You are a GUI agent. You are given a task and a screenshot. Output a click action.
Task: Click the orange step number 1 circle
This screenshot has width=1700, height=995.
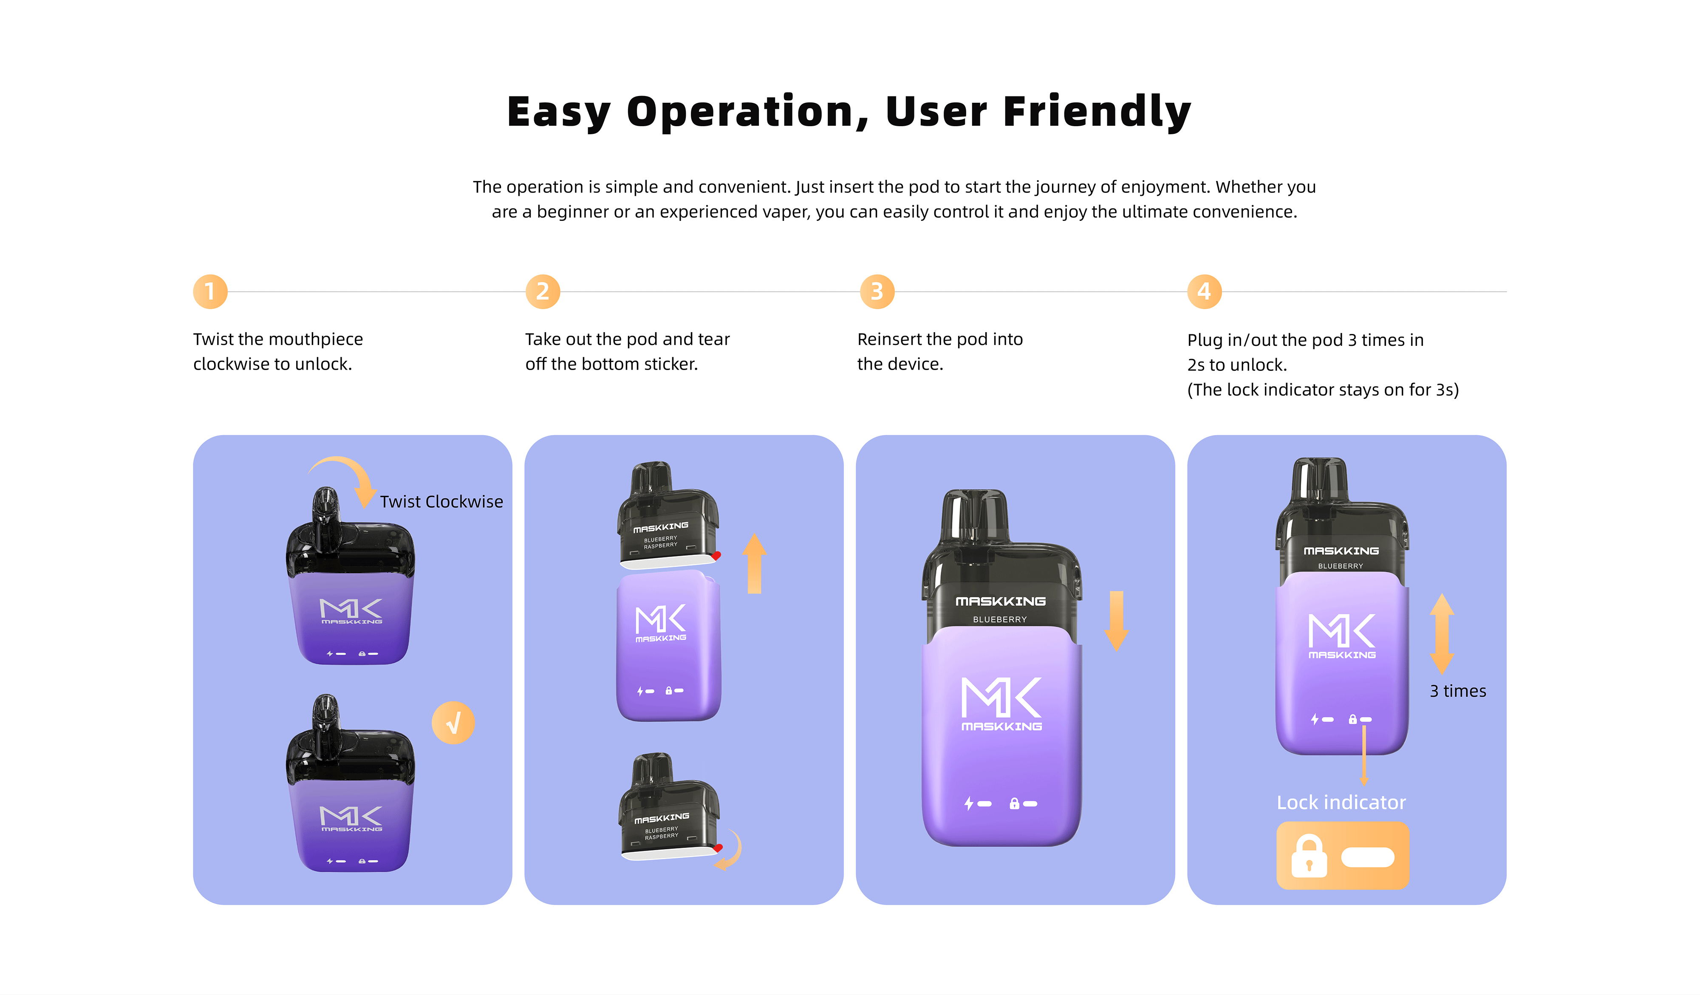pyautogui.click(x=210, y=291)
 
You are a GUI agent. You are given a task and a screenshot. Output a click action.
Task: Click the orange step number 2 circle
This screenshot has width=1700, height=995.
pyautogui.click(x=543, y=291)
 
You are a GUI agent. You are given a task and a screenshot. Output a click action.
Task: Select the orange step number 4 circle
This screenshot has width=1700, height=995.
pyautogui.click(x=1204, y=291)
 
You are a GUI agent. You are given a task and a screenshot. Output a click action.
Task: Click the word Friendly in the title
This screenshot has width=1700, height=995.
pyautogui.click(x=1097, y=112)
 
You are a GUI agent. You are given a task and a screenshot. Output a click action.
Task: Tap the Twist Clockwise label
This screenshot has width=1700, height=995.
pyautogui.click(x=441, y=501)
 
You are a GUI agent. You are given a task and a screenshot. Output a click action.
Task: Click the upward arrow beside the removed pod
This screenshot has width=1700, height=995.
pyautogui.click(x=754, y=563)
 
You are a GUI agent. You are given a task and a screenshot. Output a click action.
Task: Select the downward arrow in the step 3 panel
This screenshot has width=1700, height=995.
pyautogui.click(x=1117, y=621)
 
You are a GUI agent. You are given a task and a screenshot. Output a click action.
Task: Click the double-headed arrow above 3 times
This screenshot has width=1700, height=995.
pyautogui.click(x=1442, y=634)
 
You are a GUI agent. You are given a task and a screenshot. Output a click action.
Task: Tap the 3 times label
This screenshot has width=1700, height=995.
pyautogui.click(x=1458, y=691)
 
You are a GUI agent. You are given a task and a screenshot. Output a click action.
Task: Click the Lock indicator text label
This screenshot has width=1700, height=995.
pyautogui.click(x=1341, y=802)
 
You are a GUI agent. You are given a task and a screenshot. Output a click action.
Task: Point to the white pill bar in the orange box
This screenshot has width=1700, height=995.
pyautogui.click(x=1367, y=857)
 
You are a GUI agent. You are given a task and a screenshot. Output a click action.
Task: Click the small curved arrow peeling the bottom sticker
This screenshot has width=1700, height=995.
pyautogui.click(x=730, y=851)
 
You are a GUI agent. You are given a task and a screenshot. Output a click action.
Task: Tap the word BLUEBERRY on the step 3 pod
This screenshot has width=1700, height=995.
pyautogui.click(x=1000, y=619)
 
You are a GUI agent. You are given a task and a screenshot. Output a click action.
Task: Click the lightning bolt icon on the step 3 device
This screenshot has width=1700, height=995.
pyautogui.click(x=969, y=803)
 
